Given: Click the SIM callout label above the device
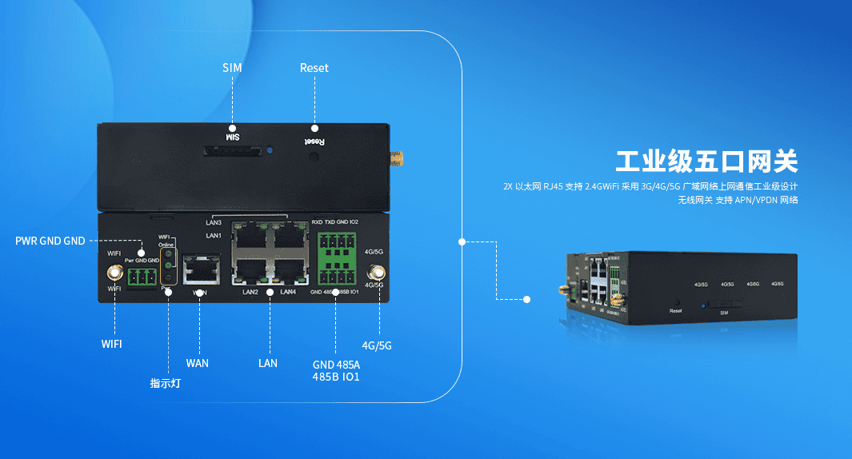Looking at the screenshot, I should tap(232, 68).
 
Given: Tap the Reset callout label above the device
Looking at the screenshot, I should tap(314, 68).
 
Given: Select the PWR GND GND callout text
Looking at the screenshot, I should tap(50, 241).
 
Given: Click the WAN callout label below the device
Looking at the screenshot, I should tap(197, 363).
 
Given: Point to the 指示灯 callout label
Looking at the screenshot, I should tap(166, 383).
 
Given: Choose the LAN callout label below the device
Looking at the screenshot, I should tap(268, 363).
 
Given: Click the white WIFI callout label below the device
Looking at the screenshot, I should tap(112, 345).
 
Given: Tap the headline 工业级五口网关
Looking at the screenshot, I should tap(706, 162).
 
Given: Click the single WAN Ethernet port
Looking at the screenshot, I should tap(200, 269).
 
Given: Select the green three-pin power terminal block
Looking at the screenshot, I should tap(142, 277).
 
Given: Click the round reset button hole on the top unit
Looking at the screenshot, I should tap(314, 156).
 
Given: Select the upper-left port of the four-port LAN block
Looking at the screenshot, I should tap(250, 237).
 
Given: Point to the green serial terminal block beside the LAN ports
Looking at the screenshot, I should tap(336, 257).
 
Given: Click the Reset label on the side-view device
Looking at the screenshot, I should tap(675, 310).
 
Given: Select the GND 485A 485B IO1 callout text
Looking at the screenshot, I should tap(336, 370).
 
